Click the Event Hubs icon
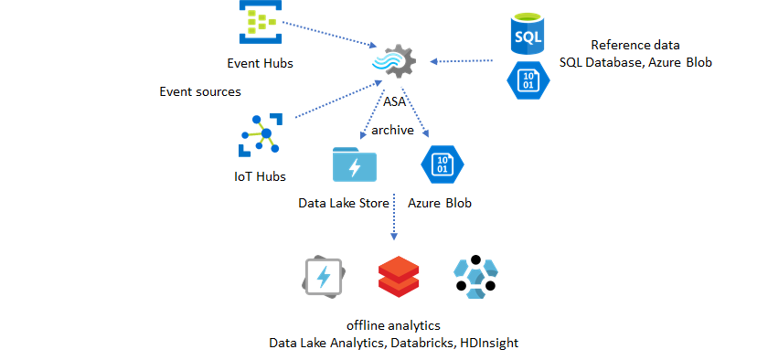coord(260,21)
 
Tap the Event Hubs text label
coord(260,63)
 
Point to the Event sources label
coord(200,91)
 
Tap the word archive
coord(392,130)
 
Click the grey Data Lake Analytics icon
coord(325,278)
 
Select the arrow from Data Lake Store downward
coord(394,217)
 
